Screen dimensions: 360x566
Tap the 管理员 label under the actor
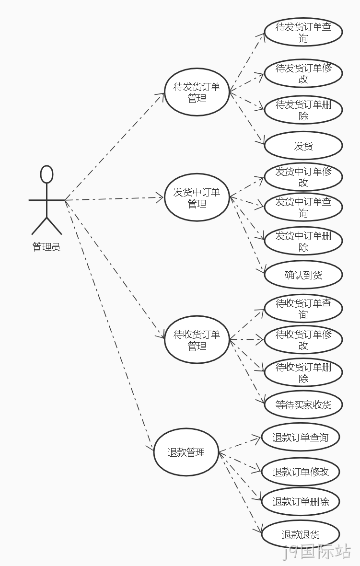[x=46, y=247]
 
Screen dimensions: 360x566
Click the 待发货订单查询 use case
[x=303, y=32]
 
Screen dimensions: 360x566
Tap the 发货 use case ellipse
[x=303, y=146]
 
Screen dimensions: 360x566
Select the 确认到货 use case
[x=303, y=275]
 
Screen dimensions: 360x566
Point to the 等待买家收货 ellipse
[x=303, y=404]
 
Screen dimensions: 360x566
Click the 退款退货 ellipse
[x=301, y=534]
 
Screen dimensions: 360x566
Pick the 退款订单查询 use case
[x=301, y=437]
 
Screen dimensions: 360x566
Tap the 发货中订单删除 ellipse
[x=303, y=241]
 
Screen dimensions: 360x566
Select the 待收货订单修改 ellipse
[x=303, y=340]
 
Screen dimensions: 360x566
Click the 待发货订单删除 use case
[x=303, y=110]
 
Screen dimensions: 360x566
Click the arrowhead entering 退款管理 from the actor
[x=150, y=448]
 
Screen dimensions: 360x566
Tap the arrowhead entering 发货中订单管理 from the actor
[x=160, y=197]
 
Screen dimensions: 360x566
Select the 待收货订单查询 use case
[x=303, y=309]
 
